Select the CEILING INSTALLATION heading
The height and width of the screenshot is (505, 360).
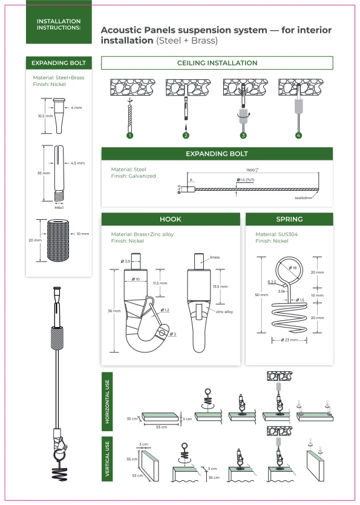coord(217,63)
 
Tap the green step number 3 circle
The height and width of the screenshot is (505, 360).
coord(243,135)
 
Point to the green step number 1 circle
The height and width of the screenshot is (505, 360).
coord(129,135)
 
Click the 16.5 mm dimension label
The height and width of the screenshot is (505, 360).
coord(43,116)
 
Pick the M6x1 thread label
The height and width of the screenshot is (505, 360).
coord(59,207)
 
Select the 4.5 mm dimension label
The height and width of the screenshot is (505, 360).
coord(77,163)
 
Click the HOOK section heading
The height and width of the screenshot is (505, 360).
coord(170,219)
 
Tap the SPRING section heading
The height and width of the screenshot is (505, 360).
coord(289,219)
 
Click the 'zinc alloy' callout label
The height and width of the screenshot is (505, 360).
coord(224,311)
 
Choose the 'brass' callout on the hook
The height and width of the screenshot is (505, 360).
coord(215,257)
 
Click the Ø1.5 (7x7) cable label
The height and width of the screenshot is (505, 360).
coord(245,180)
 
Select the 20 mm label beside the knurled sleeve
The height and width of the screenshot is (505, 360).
coord(34,239)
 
